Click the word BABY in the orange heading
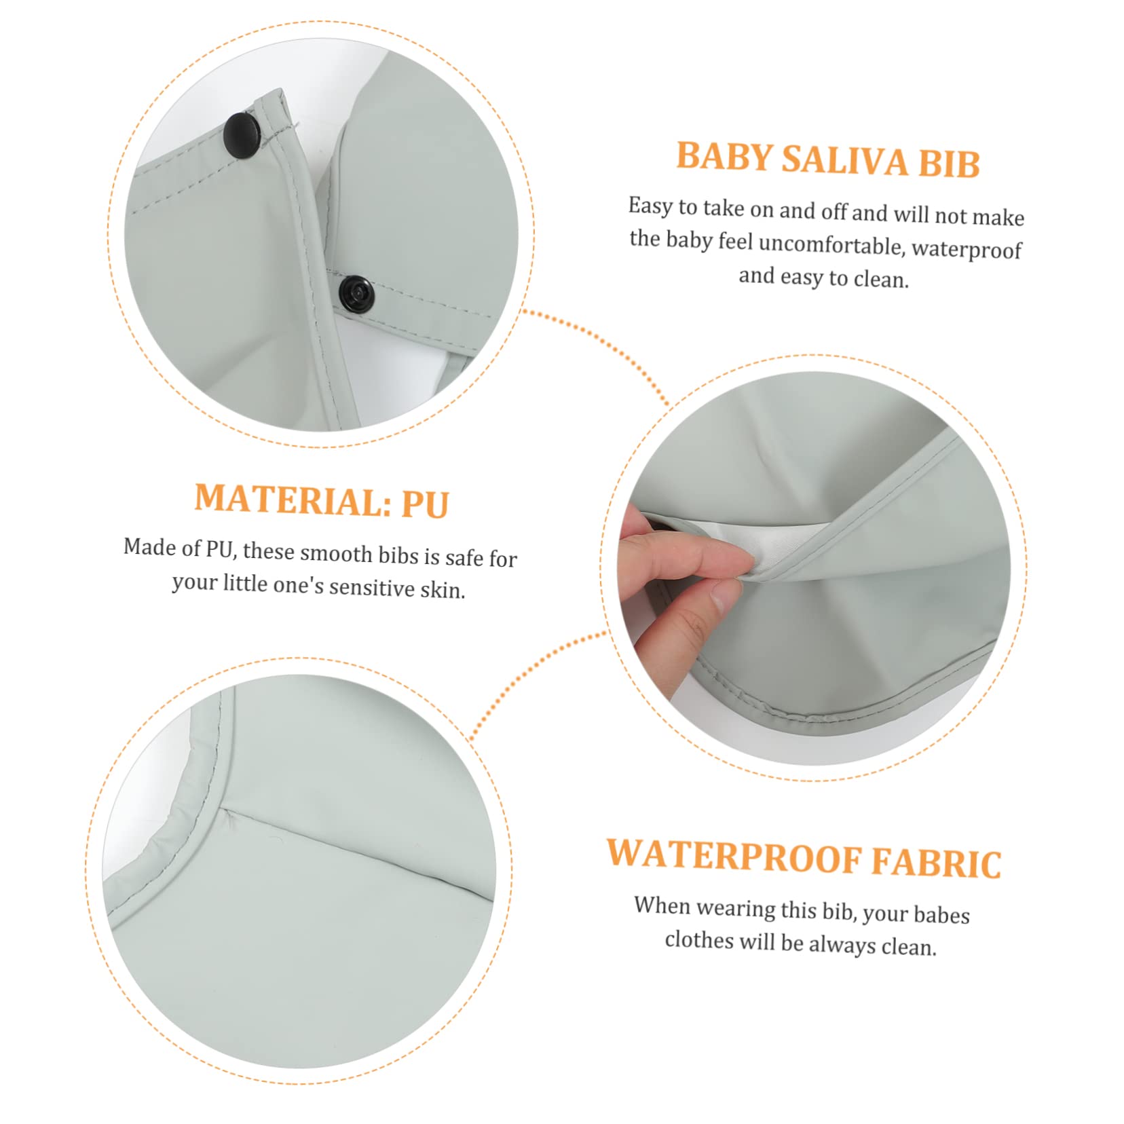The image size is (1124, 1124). tap(724, 157)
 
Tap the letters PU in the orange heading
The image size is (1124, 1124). tap(425, 504)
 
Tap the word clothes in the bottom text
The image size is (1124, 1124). tap(699, 940)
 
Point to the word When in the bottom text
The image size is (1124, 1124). tap(661, 906)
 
